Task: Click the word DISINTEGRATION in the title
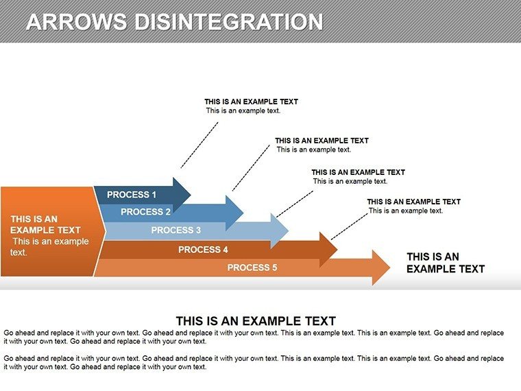[x=228, y=22]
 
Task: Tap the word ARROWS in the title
[x=77, y=22]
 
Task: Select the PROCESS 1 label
[x=132, y=195]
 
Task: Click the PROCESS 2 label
[x=145, y=212]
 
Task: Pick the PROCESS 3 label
[x=176, y=230]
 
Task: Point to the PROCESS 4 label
[x=203, y=250]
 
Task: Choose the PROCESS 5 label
[x=252, y=268]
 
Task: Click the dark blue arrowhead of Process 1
[x=182, y=195]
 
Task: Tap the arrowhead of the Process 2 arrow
[x=234, y=213]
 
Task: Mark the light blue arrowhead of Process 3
[x=280, y=230]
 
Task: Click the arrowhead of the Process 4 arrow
[x=328, y=250]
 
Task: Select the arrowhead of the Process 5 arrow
[x=380, y=268]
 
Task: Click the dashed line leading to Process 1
[x=199, y=145]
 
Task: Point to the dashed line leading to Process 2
[x=251, y=168]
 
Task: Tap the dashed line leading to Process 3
[x=295, y=204]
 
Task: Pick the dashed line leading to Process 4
[x=350, y=226]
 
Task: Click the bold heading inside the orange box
[x=45, y=224]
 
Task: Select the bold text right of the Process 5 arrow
[x=446, y=263]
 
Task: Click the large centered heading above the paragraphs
[x=256, y=321]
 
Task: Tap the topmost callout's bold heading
[x=251, y=102]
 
